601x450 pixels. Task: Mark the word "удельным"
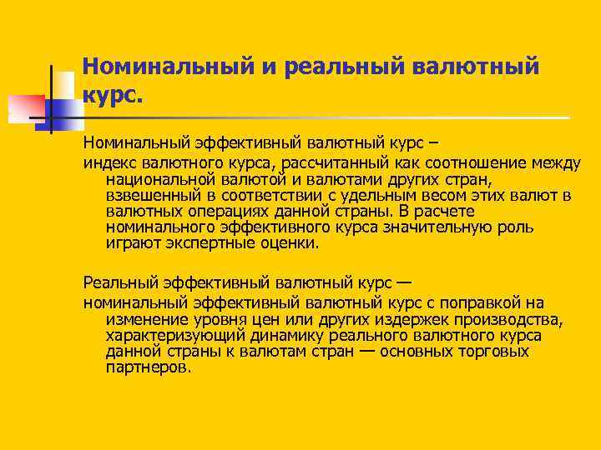(x=372, y=194)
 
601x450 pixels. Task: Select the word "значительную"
(x=428, y=227)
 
